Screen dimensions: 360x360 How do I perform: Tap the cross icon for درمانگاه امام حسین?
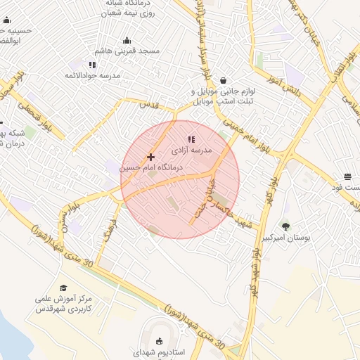click(x=150, y=157)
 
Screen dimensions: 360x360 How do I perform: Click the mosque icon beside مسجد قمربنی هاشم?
click(x=127, y=40)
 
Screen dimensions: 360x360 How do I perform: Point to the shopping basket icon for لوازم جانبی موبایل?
click(x=223, y=80)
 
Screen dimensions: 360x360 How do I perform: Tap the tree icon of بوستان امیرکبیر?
click(x=285, y=226)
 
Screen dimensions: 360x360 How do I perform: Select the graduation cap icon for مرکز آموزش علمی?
click(x=63, y=288)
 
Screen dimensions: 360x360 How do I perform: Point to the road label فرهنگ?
click(x=108, y=231)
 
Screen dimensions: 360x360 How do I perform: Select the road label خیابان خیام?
click(x=204, y=194)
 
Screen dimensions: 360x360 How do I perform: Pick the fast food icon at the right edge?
click(x=347, y=176)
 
